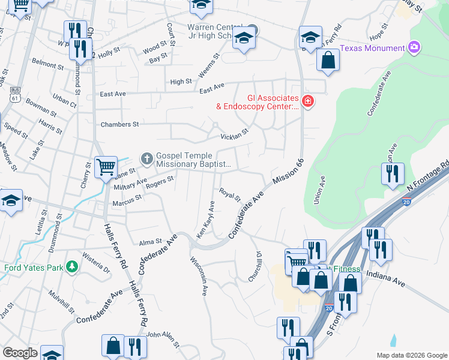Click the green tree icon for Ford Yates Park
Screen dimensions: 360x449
coord(71,266)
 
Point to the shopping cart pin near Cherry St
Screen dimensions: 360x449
coord(106,167)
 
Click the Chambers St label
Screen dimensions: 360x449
coord(119,124)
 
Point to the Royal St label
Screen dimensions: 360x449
coord(229,195)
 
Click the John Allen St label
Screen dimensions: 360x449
coord(163,340)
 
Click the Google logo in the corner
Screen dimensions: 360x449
coord(20,353)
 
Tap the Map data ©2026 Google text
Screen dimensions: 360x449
coord(411,355)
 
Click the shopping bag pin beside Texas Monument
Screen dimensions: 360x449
coord(328,60)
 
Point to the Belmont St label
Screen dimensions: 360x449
coord(47,64)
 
